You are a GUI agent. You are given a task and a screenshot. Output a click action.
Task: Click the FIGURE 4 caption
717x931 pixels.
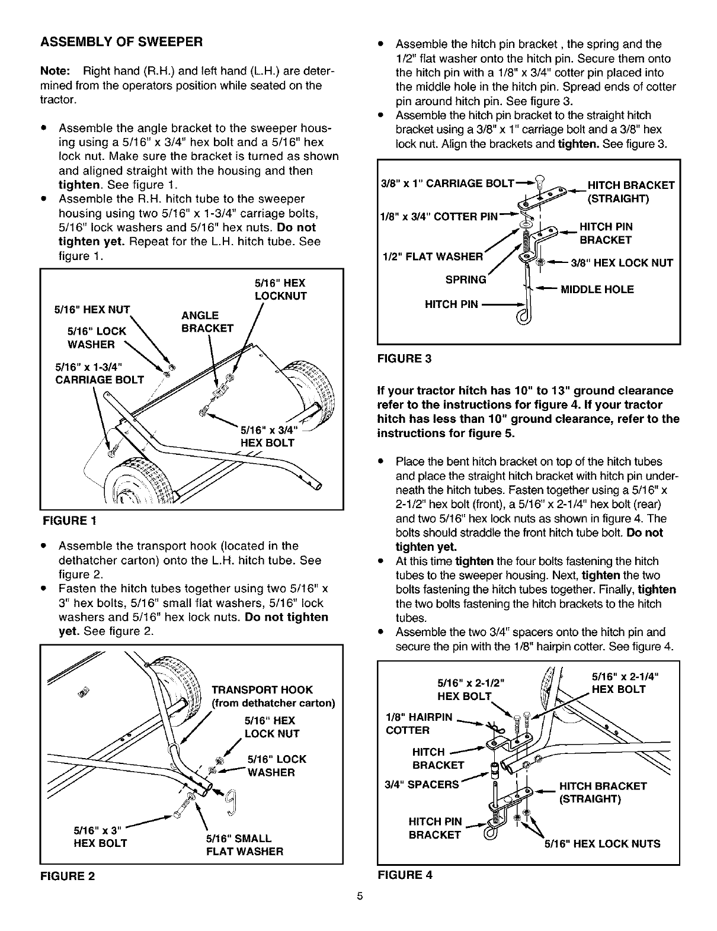[405, 875]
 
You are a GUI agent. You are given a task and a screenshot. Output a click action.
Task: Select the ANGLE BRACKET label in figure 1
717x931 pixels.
[206, 322]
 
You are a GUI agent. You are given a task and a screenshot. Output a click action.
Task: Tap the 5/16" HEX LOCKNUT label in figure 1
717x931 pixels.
[280, 289]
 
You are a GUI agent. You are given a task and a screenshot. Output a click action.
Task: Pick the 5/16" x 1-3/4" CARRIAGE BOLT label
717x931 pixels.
[99, 373]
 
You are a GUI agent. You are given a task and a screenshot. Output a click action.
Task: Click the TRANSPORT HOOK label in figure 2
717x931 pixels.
[262, 690]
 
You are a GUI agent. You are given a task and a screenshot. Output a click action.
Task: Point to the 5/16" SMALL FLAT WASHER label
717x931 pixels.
[244, 845]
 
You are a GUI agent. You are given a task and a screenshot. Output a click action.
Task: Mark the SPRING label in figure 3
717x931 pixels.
[465, 279]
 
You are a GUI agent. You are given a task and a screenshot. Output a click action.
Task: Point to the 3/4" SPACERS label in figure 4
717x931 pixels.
[422, 784]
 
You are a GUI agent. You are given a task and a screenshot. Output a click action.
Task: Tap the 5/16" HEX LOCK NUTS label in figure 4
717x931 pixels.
[602, 844]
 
